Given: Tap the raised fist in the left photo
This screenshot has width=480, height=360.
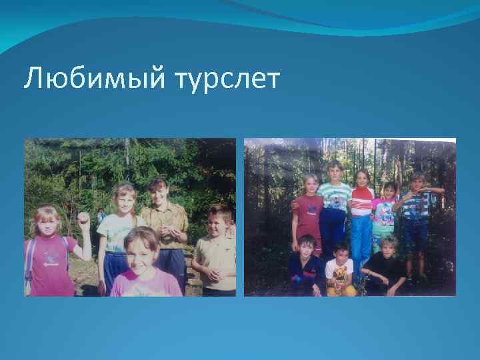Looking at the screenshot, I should click(83, 219).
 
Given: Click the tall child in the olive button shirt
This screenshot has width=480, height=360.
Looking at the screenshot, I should click(162, 220).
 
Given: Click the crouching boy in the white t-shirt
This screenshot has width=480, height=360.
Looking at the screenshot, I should click(340, 270).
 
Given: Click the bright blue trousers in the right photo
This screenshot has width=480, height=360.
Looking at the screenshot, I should click(362, 240).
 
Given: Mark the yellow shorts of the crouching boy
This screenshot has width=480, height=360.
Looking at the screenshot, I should click(342, 288).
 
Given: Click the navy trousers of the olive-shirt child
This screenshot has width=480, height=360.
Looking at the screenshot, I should click(172, 267).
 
